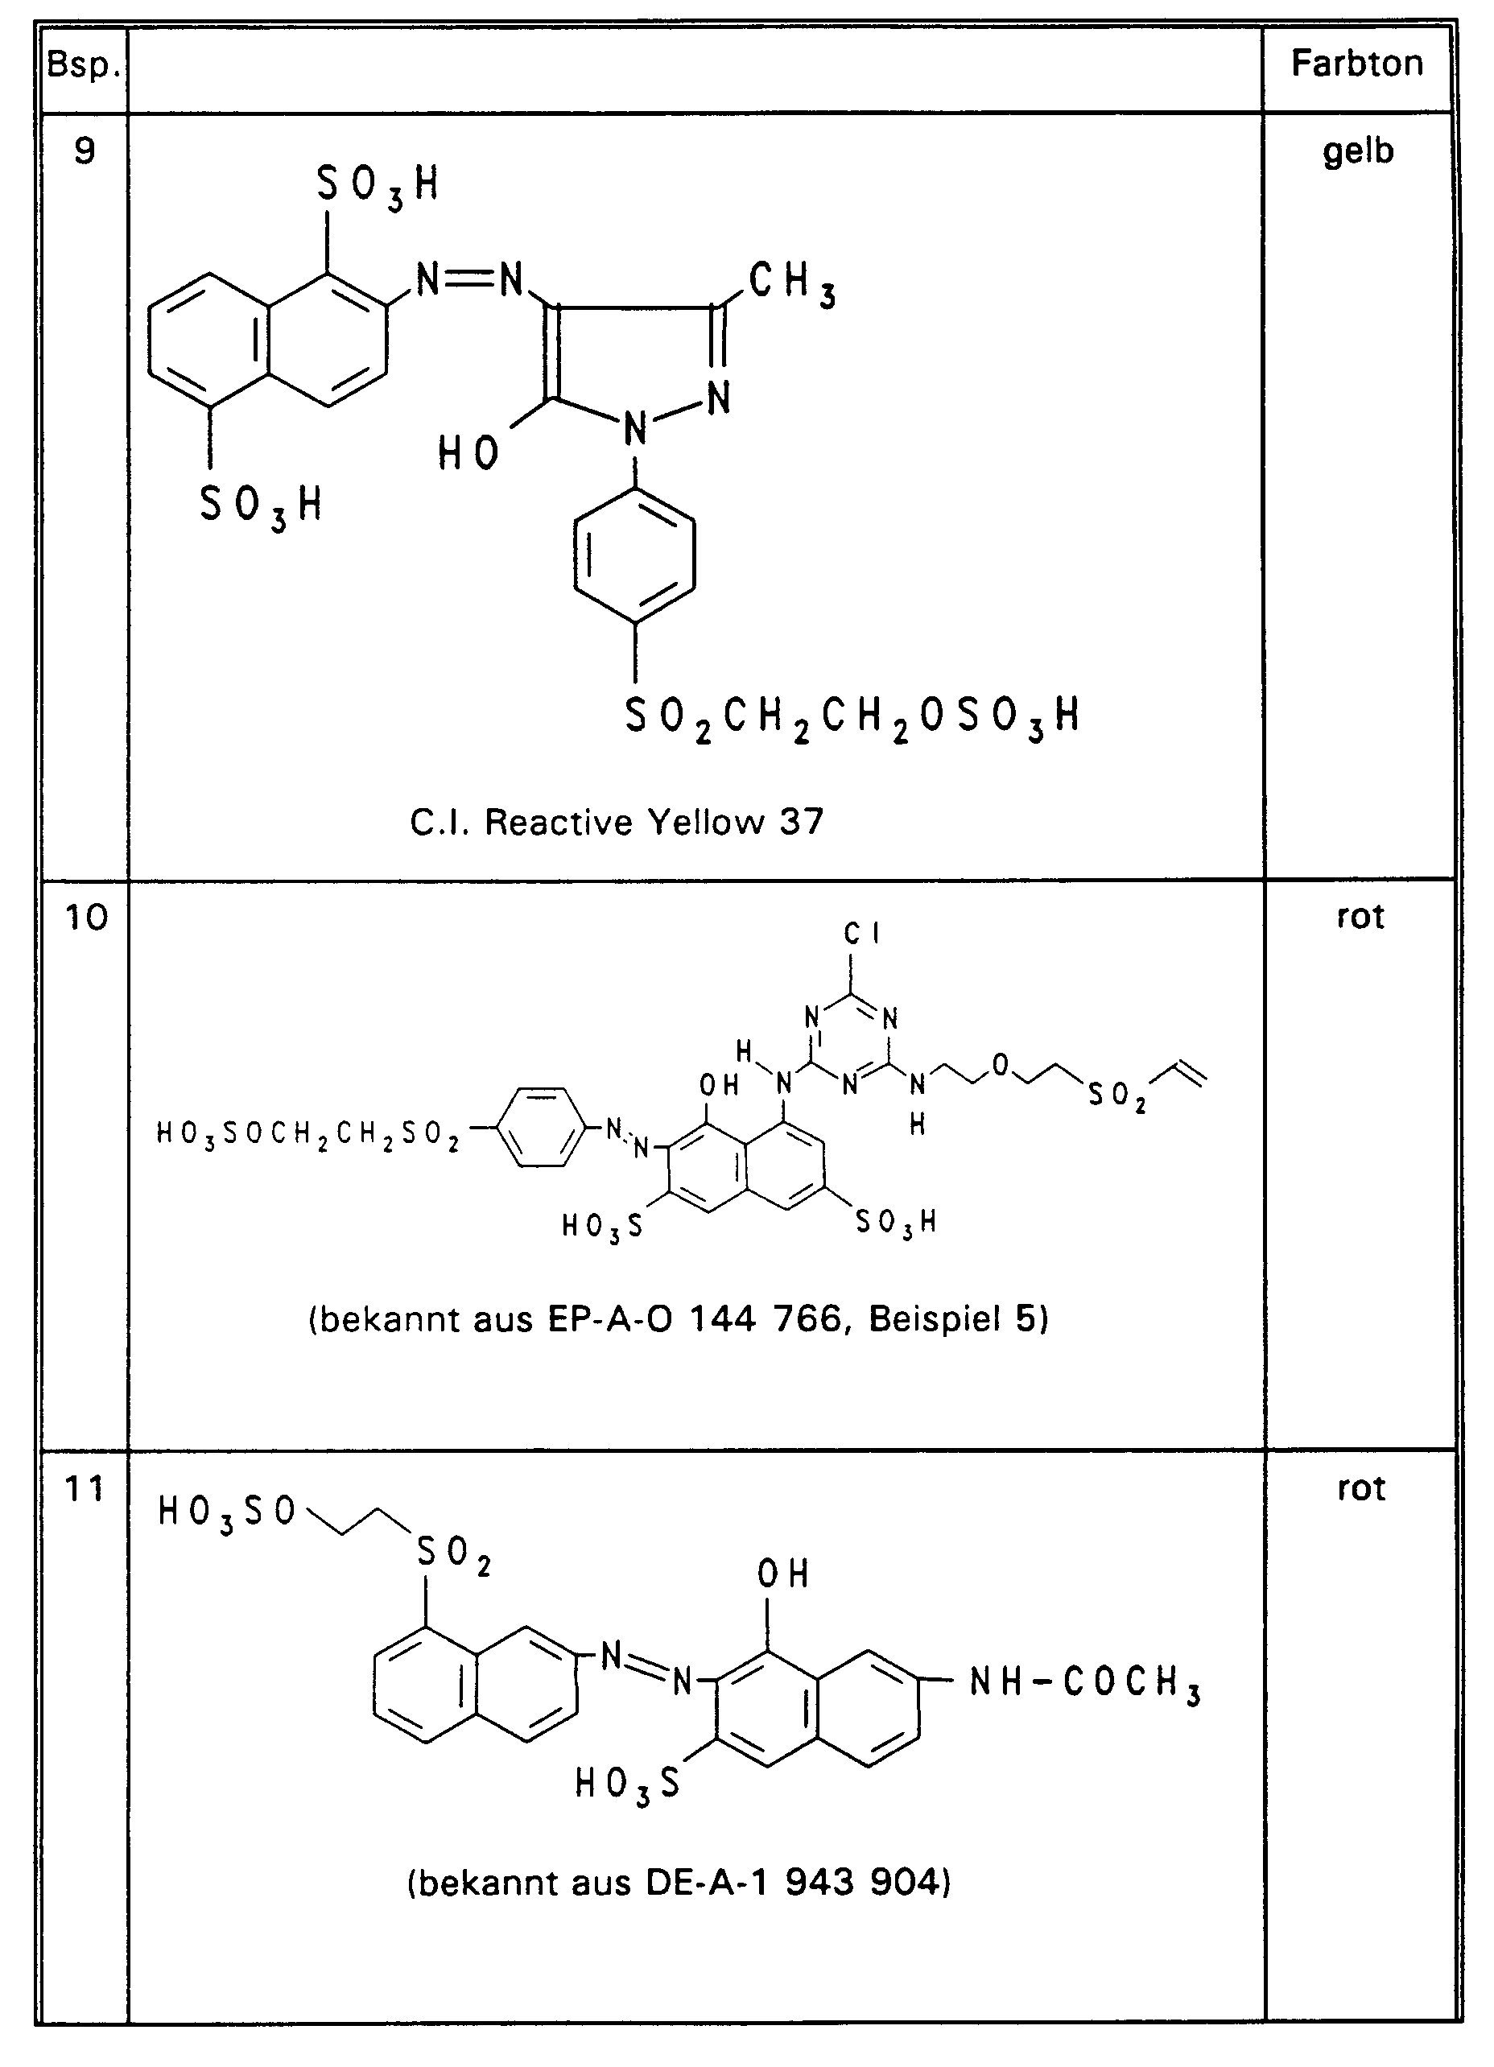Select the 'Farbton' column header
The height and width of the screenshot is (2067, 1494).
tap(1356, 64)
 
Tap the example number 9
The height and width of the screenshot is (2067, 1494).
tap(84, 151)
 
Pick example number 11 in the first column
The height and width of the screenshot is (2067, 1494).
tap(85, 1489)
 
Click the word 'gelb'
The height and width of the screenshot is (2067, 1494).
tap(1358, 151)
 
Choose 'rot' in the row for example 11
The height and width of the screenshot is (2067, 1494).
tap(1360, 1488)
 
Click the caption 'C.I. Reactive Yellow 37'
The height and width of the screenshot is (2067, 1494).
tap(617, 822)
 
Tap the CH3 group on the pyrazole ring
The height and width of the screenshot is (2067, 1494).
tap(791, 283)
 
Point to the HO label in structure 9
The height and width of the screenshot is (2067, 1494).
tap(468, 453)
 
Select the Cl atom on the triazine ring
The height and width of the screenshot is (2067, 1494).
tap(861, 934)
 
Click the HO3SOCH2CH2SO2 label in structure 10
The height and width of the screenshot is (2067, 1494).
tap(308, 1134)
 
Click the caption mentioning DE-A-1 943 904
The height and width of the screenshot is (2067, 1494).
tap(679, 1882)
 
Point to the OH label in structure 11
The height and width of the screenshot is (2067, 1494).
tap(782, 1574)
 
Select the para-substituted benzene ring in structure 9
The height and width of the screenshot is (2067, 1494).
tap(634, 556)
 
